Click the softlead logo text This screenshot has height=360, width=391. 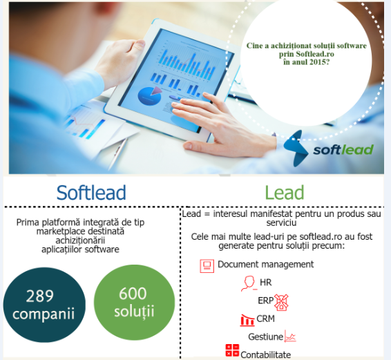(343, 149)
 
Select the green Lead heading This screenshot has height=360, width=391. (284, 191)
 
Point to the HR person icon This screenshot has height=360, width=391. (249, 283)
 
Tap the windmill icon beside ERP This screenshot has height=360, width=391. (281, 302)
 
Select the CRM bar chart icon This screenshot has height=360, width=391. (247, 320)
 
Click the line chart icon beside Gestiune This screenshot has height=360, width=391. (291, 337)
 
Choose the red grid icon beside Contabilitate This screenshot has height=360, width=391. (231, 352)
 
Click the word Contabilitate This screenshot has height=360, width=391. (265, 354)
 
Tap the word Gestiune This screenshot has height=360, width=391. (265, 337)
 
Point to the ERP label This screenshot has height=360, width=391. (265, 302)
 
